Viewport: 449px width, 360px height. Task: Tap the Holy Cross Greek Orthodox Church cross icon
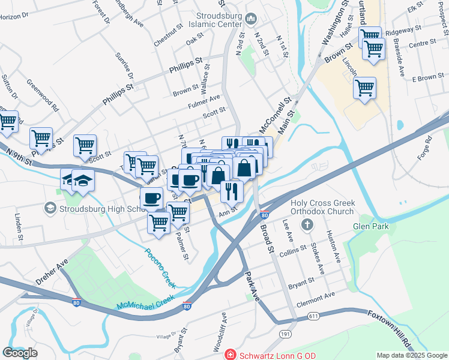pos(307,225)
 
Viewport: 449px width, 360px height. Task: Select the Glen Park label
pos(372,226)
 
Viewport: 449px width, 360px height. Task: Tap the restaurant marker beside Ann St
pos(231,191)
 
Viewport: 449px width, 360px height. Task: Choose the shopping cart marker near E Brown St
pos(364,88)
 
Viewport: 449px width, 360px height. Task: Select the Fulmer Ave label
pos(204,100)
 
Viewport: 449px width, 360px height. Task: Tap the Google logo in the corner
pos(20,353)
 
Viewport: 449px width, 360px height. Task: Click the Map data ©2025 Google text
pos(411,355)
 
